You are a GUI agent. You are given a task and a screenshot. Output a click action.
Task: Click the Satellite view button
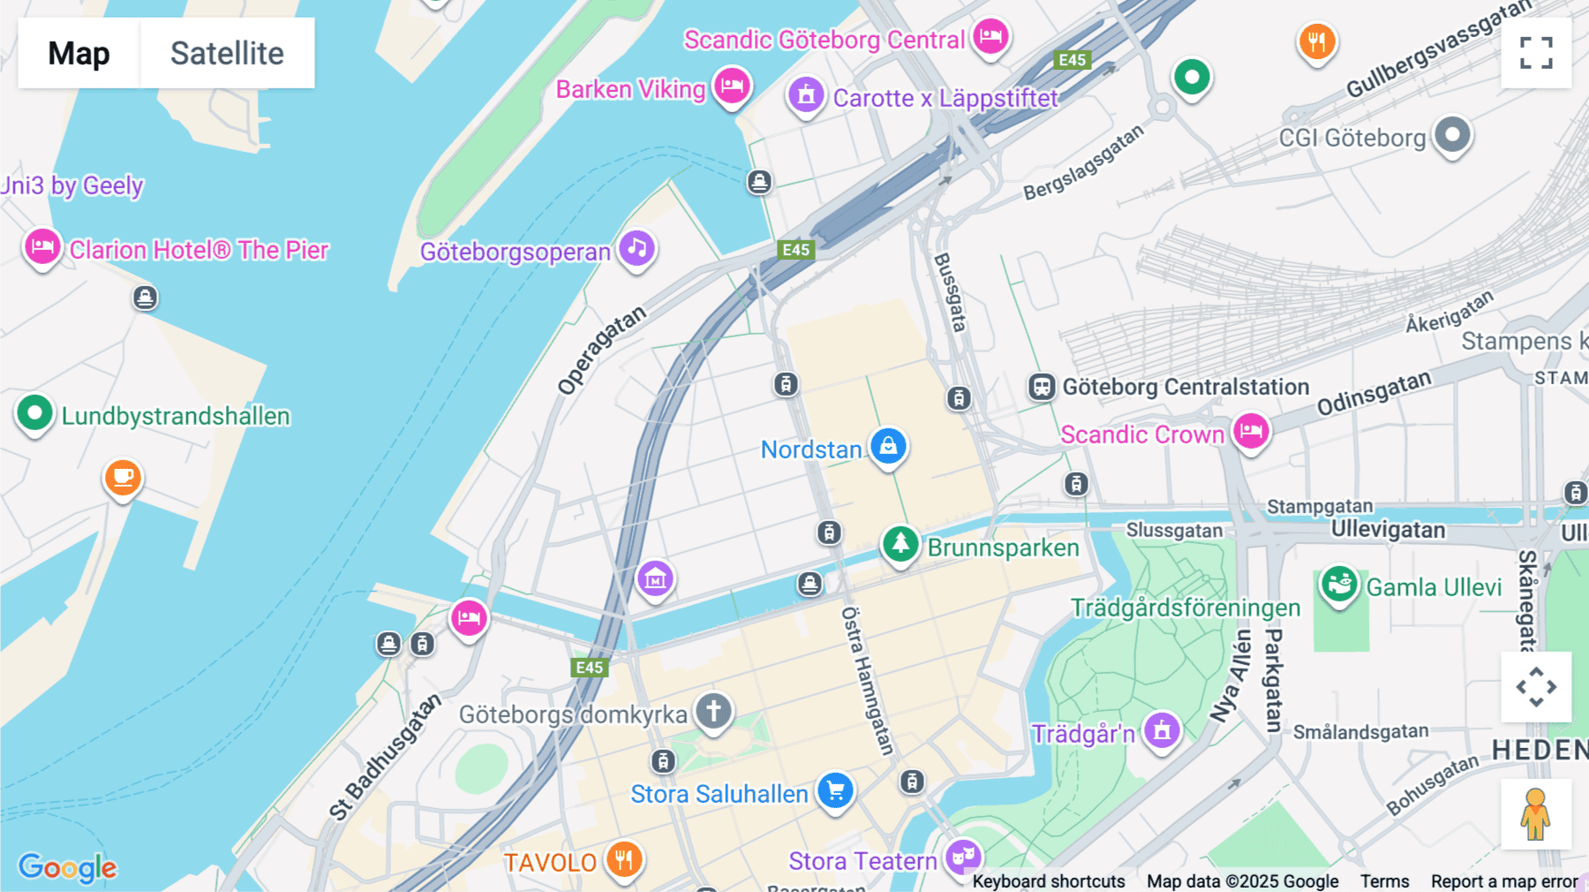(x=227, y=53)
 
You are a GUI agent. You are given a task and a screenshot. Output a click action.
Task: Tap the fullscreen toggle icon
(x=1536, y=53)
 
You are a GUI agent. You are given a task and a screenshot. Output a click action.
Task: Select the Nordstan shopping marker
(x=888, y=446)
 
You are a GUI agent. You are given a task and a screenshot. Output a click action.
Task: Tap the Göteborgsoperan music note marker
(x=637, y=248)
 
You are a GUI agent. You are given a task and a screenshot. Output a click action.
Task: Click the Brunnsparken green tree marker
(x=900, y=544)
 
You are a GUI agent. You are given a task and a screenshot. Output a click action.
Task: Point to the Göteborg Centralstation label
(x=1185, y=387)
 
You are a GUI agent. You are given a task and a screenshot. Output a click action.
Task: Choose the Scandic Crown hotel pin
(x=1251, y=432)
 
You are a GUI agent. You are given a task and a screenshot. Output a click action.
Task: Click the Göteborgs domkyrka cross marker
(x=713, y=710)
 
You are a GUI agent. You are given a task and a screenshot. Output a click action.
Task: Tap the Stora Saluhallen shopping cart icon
(x=835, y=790)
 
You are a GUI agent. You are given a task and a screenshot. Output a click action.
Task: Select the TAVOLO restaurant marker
(x=624, y=858)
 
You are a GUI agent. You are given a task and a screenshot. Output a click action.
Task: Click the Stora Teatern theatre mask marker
(x=963, y=857)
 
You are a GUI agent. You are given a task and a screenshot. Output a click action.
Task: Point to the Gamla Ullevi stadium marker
(x=1339, y=585)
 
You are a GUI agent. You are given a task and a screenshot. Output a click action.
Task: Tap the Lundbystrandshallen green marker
(x=35, y=412)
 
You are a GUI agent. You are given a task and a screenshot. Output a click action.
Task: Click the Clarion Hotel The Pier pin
(x=42, y=247)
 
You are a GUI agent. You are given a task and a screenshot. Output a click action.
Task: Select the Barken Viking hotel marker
(x=732, y=87)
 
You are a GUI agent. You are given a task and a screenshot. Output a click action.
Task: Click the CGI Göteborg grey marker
(x=1452, y=135)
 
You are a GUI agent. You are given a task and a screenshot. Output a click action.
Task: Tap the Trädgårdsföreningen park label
(x=1185, y=608)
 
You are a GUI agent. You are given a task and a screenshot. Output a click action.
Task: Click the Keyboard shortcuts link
(x=1048, y=881)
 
